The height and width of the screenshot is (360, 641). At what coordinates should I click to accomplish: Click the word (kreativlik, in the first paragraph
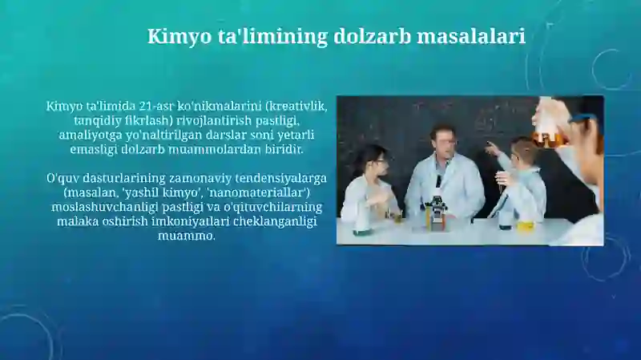coord(296,106)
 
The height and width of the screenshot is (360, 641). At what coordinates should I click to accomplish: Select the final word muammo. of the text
coord(187,236)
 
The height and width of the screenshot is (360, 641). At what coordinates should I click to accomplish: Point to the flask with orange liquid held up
coord(550,130)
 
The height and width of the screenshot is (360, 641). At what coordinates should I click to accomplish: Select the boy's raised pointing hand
coord(490,148)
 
